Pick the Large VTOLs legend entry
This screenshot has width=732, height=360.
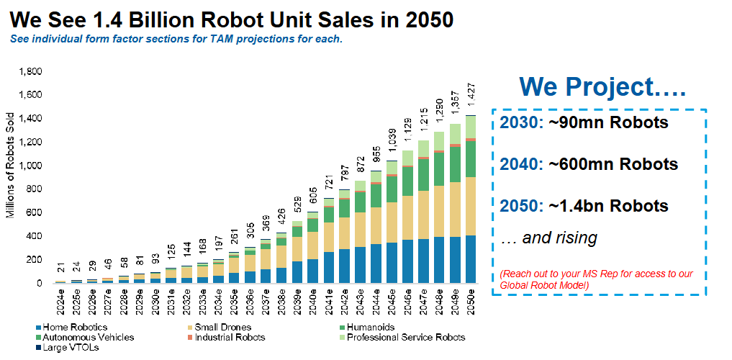click(70, 347)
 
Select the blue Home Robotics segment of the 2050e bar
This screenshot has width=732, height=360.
click(471, 259)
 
